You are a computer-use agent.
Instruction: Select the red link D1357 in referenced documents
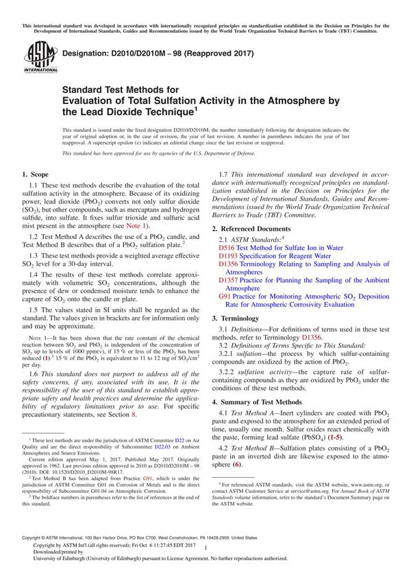tap(229, 280)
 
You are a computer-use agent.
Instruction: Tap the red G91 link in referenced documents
tap(225, 296)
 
